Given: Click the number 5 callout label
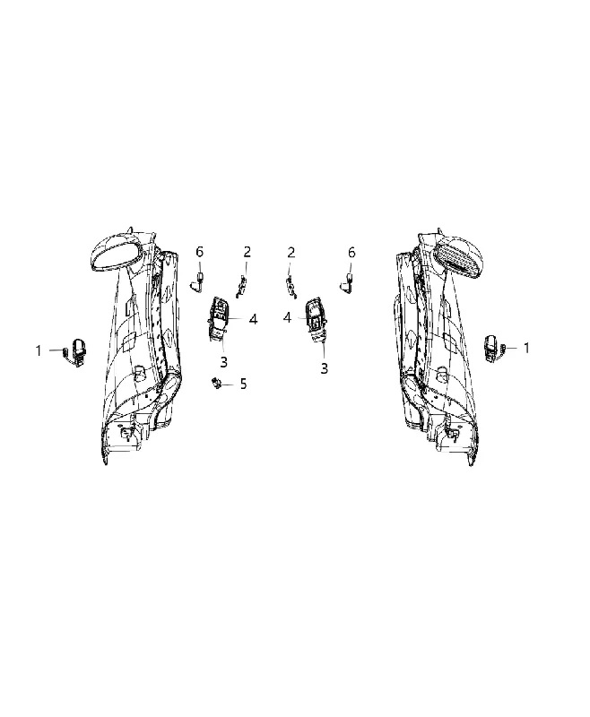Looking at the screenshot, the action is pos(243,384).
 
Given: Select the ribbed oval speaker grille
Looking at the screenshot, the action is pos(459,257).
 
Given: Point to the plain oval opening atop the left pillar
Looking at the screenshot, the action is pos(115,254).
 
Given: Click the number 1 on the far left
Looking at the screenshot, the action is pos(39,350).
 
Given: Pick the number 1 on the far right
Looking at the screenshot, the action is pos(526,348).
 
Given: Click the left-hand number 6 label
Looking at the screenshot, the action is pos(199,252).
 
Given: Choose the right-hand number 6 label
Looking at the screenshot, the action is pos(351,252).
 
